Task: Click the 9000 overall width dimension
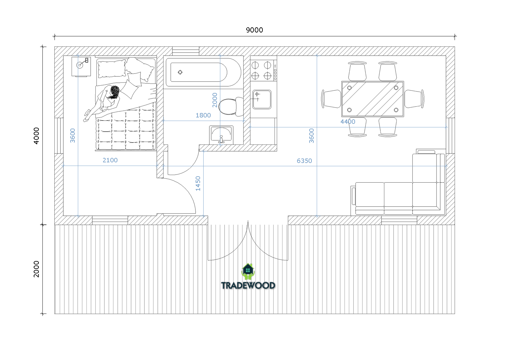click(x=254, y=30)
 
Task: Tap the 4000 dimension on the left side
click(x=36, y=136)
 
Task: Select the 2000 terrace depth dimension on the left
click(x=36, y=269)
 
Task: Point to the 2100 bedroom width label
click(x=110, y=160)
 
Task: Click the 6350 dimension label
click(x=304, y=161)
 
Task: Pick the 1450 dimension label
click(x=198, y=183)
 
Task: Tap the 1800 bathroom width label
click(x=203, y=115)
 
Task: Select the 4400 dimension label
click(x=348, y=122)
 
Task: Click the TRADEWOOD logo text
click(x=248, y=286)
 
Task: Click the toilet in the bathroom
click(x=231, y=106)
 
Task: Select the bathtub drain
click(x=180, y=72)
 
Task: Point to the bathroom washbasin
click(x=221, y=135)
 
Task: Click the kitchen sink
click(x=262, y=99)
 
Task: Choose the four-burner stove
click(x=264, y=70)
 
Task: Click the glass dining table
click(x=373, y=99)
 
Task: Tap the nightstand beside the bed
click(x=81, y=67)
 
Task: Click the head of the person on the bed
click(x=115, y=91)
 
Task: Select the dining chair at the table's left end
click(x=331, y=99)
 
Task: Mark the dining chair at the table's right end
click(x=414, y=99)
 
